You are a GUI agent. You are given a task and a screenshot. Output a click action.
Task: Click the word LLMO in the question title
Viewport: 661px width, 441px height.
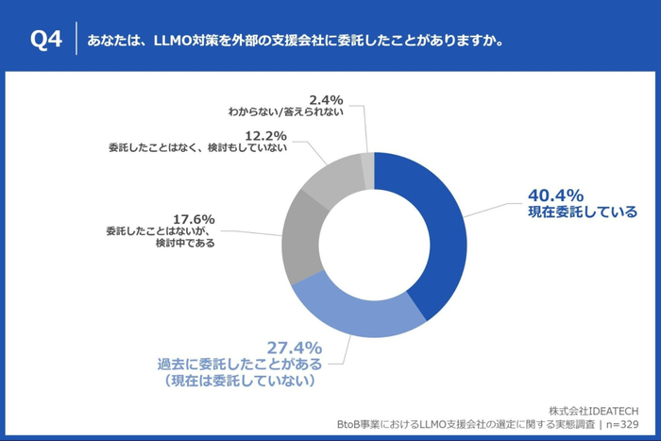click(173, 41)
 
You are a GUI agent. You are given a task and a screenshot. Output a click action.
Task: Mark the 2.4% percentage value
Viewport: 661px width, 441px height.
click(325, 98)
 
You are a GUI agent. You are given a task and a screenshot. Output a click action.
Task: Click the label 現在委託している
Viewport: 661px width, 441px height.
click(582, 212)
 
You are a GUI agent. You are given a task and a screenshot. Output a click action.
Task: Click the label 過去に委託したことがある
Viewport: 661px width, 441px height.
click(240, 364)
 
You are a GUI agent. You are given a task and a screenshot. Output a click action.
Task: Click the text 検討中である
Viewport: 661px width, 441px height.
click(184, 242)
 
